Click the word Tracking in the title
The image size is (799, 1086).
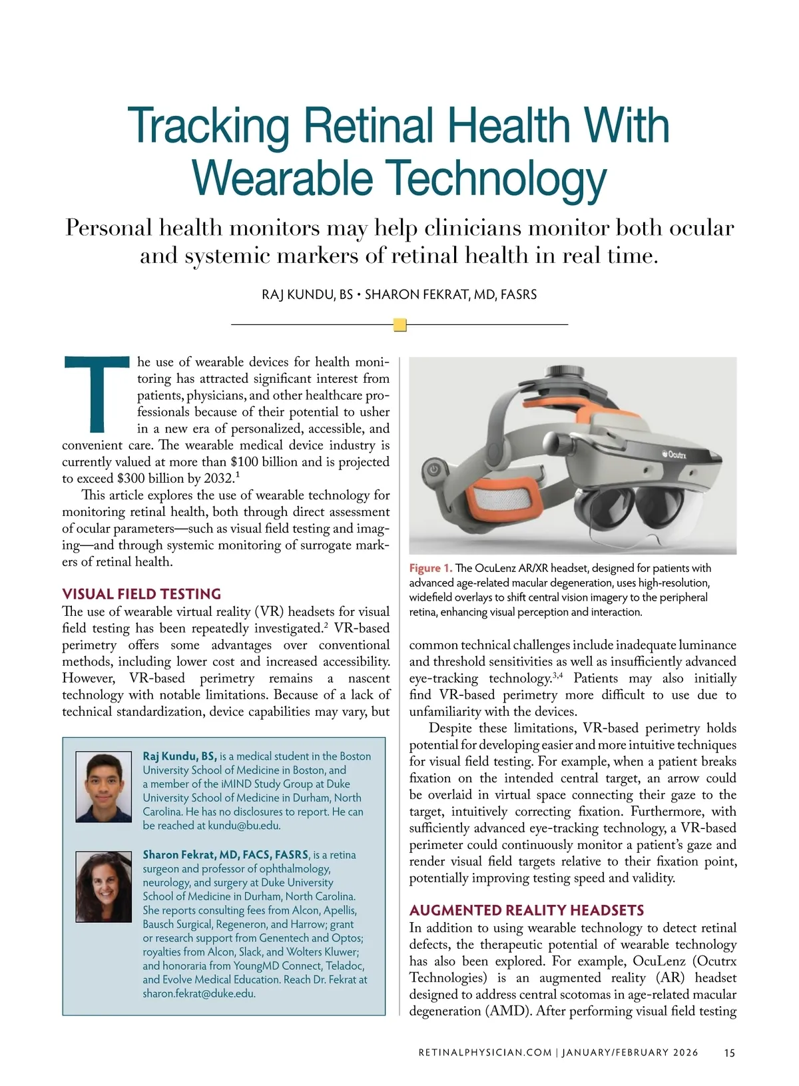(209, 127)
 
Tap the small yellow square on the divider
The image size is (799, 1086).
(400, 325)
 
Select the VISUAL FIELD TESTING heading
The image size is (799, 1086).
(141, 594)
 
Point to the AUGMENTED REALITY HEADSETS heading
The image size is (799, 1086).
(527, 910)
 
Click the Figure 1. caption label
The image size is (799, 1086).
(431, 568)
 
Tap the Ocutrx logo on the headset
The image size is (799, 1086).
(672, 454)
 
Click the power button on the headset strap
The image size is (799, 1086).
(433, 469)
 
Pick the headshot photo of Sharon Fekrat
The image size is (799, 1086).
(103, 886)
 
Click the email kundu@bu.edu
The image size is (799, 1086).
(244, 826)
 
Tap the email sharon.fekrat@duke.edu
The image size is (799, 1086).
(198, 993)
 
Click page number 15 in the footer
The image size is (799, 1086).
(729, 1053)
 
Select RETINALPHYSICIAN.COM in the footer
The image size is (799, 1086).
(485, 1053)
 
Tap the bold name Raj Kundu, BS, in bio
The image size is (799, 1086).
(179, 756)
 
